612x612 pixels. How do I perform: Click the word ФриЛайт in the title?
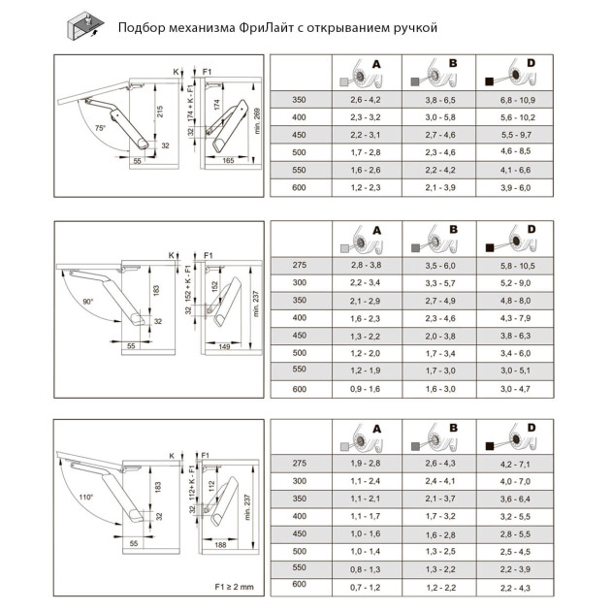258,27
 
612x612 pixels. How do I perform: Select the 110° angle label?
86,498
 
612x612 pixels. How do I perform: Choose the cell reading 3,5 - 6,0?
440,266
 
